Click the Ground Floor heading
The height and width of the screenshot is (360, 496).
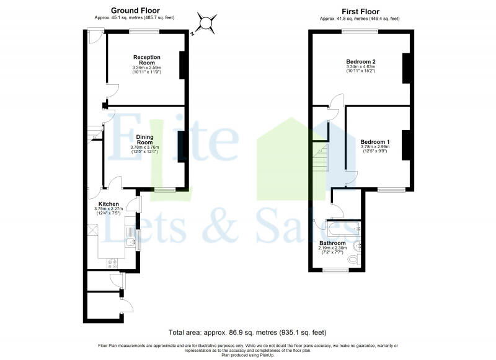click(135, 11)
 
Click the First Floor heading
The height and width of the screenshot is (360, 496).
click(360, 11)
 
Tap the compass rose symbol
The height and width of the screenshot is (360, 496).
click(206, 24)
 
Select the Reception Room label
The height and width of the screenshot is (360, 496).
click(147, 60)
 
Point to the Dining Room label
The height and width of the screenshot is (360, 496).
click(145, 139)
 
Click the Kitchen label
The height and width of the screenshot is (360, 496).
click(108, 204)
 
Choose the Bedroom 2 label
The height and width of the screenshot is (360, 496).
click(361, 61)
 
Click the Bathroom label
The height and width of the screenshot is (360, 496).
click(332, 243)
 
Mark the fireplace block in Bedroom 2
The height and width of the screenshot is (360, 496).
click(407, 68)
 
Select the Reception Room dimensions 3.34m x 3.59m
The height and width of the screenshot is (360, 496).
click(147, 69)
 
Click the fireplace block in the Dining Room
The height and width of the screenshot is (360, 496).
click(182, 147)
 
